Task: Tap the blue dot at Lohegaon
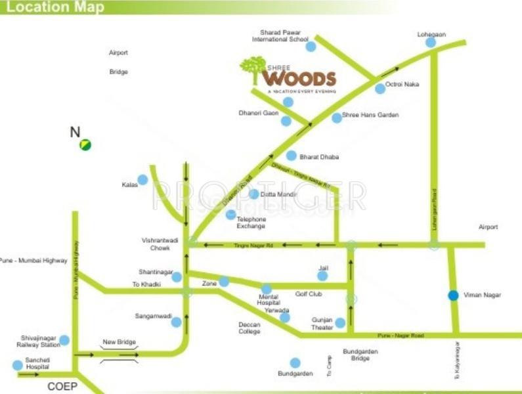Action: point(430,43)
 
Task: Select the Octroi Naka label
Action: point(402,85)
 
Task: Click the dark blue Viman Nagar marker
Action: point(453,295)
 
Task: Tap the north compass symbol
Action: point(85,144)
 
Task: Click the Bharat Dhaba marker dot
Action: point(291,156)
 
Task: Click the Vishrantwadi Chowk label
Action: point(156,244)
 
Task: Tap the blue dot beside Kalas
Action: point(142,180)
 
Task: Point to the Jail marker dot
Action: point(322,276)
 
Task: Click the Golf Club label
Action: point(309,294)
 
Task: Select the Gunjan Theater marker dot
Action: point(340,322)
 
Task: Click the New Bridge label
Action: point(118,342)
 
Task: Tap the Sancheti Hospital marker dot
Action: point(17,365)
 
